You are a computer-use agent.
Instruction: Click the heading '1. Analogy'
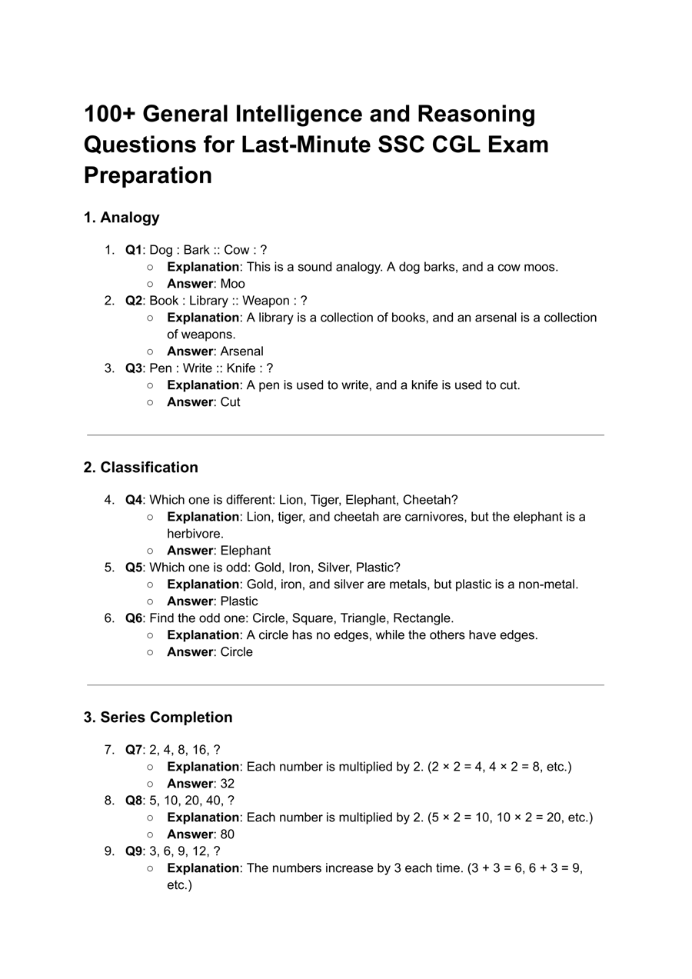click(121, 218)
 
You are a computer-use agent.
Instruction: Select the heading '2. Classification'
click(141, 468)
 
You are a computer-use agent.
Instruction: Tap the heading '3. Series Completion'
click(158, 718)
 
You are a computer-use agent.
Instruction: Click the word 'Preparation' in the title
click(148, 175)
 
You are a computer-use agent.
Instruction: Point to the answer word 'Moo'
click(232, 284)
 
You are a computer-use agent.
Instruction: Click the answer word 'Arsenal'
click(241, 351)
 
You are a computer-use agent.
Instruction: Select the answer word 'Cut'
click(230, 402)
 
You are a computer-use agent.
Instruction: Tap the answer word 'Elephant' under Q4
click(245, 551)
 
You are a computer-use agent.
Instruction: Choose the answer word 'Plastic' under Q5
click(239, 601)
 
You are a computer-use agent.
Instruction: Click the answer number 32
click(228, 784)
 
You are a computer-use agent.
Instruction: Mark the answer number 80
click(228, 834)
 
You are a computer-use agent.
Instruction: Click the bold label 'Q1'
click(134, 250)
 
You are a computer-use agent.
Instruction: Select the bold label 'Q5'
click(134, 568)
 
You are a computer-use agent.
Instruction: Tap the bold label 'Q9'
click(134, 851)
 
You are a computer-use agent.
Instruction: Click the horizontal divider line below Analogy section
click(345, 435)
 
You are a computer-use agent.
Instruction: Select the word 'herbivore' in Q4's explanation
click(195, 534)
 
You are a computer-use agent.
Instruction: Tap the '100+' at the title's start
click(109, 114)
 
